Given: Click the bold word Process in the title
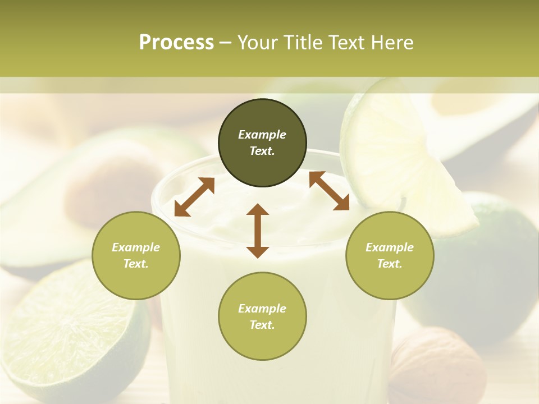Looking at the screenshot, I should [176, 43].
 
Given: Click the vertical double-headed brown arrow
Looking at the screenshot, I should [258, 231].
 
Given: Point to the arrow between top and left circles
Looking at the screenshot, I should [194, 196].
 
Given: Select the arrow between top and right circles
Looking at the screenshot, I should [329, 191].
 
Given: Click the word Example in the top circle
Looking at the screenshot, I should [262, 135].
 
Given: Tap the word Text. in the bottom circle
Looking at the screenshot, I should [262, 325].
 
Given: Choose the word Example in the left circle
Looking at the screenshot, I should [136, 247].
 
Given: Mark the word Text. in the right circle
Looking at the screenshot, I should [390, 264].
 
